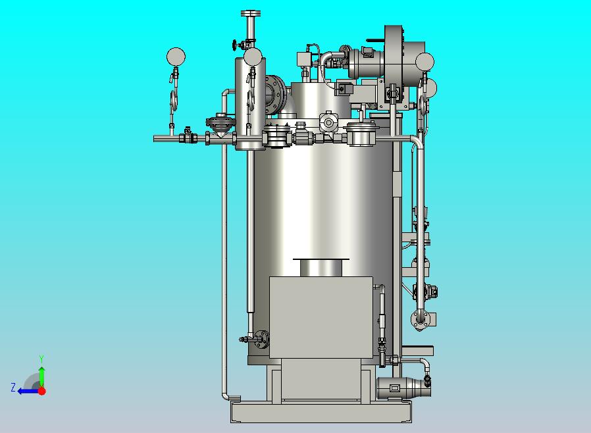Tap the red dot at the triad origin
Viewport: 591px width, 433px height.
click(42, 391)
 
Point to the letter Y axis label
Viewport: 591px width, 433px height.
click(41, 359)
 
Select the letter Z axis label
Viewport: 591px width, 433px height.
click(13, 387)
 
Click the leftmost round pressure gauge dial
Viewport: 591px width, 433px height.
click(176, 57)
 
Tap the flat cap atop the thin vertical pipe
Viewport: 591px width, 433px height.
click(251, 14)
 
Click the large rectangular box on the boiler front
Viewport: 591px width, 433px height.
click(321, 317)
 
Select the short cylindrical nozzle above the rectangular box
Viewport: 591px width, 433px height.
click(321, 268)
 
